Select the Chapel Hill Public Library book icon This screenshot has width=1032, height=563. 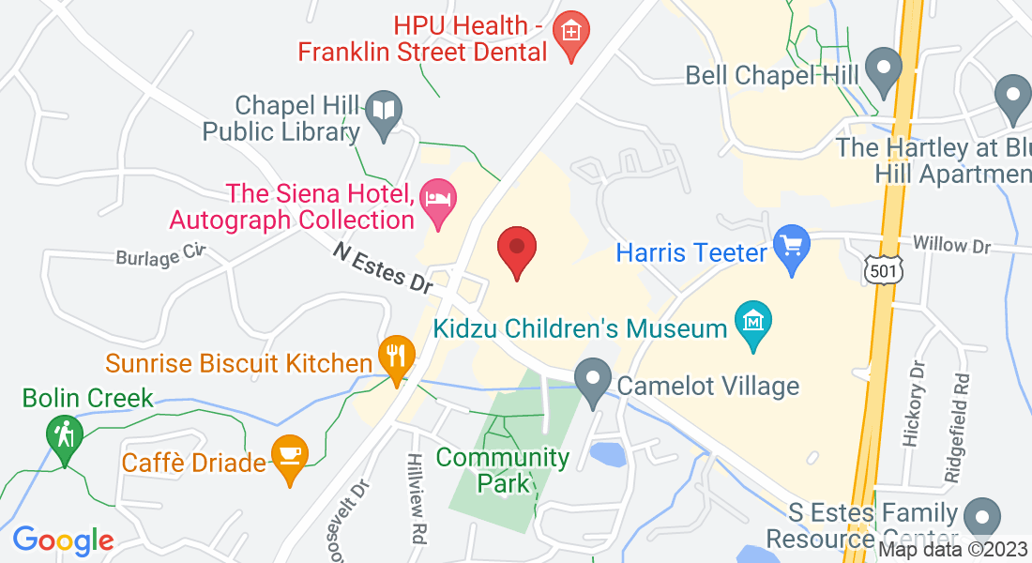point(385,114)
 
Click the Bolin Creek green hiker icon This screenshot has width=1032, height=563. point(65,436)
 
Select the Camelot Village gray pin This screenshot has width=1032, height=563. point(593,380)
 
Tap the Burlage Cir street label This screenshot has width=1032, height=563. point(159,254)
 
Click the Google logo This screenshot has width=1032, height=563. point(63,540)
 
